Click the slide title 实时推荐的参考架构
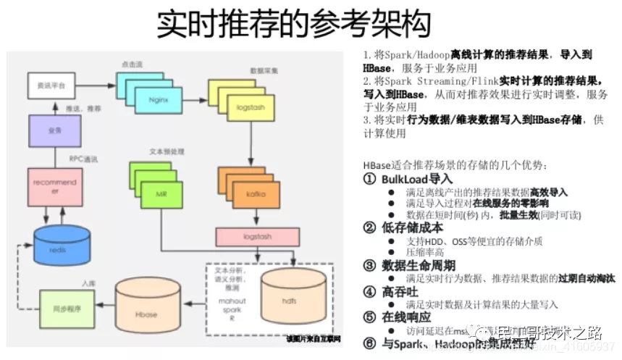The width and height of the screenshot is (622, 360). point(293,24)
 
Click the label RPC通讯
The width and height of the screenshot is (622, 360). point(83,158)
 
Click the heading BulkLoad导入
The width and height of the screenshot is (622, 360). point(416,178)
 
